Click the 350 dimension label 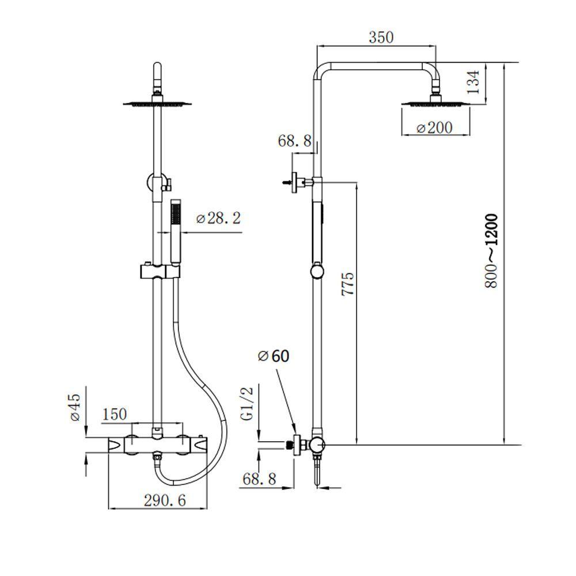(381, 38)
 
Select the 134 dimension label (473, 83)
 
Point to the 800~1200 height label (490, 251)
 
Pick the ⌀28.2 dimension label (218, 219)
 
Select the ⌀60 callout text (274, 356)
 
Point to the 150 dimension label (114, 414)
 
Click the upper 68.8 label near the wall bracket (294, 141)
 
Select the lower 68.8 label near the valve (260, 479)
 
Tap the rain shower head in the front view (157, 104)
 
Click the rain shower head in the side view (435, 104)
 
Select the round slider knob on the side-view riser (317, 271)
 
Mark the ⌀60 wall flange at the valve (297, 444)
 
